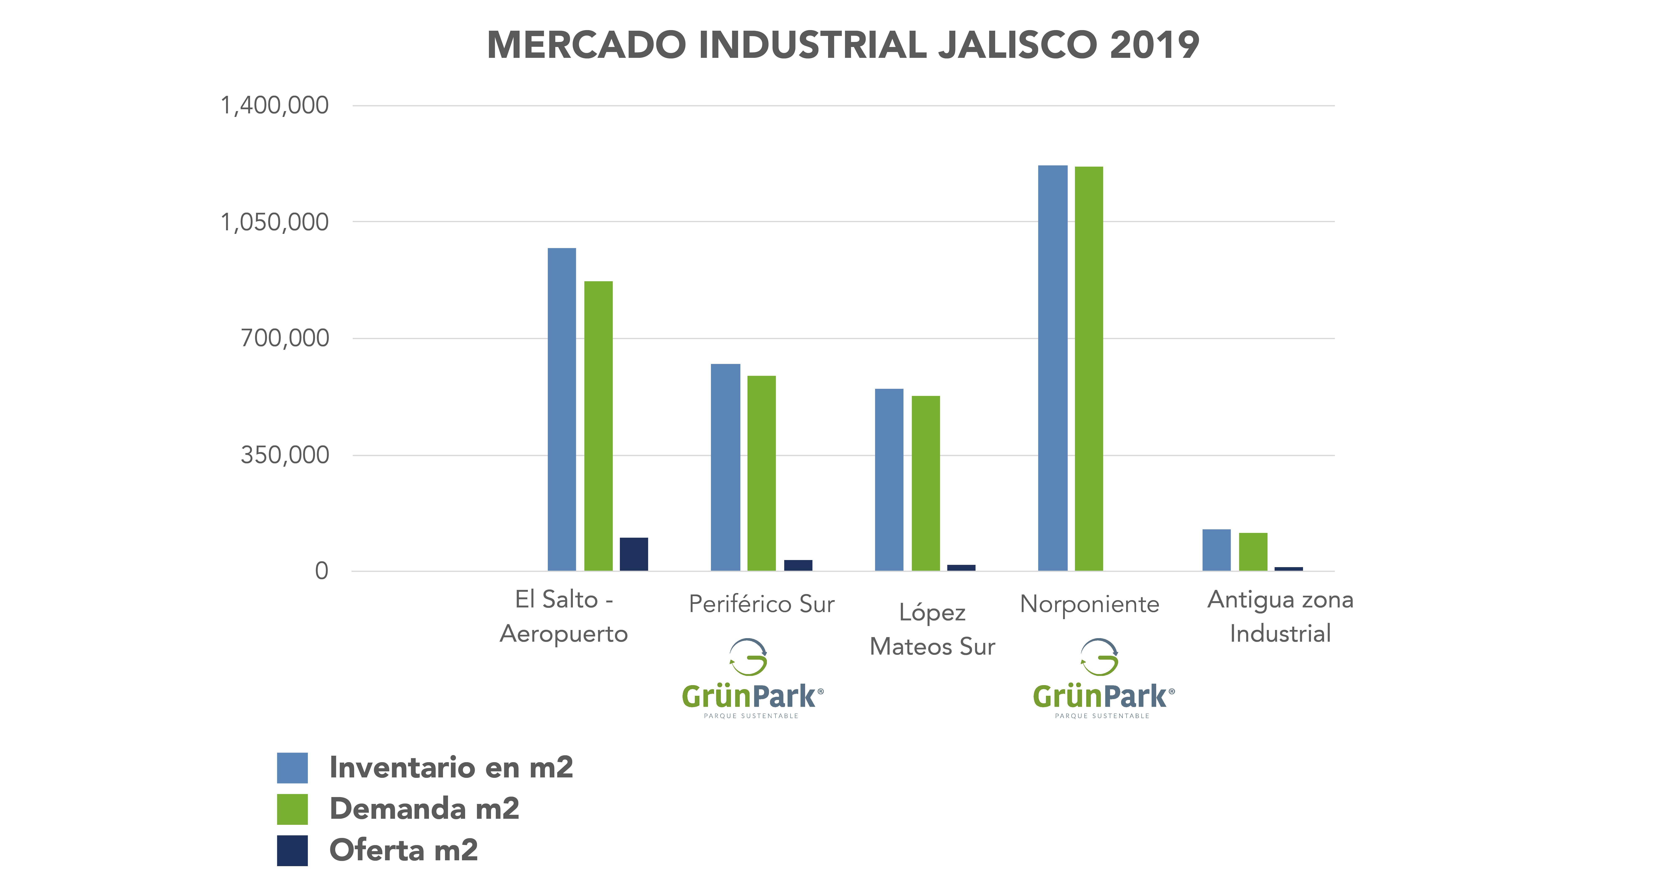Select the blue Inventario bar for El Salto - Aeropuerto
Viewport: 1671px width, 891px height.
tap(562, 409)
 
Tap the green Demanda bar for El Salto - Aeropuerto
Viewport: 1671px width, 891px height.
tap(598, 426)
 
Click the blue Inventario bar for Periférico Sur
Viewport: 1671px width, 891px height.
tap(725, 468)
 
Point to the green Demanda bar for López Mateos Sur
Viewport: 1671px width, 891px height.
tap(926, 483)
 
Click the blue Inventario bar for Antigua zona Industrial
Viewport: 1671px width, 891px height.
tap(1216, 550)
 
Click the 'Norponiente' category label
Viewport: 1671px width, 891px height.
tap(1089, 604)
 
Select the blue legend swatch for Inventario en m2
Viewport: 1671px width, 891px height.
tap(293, 768)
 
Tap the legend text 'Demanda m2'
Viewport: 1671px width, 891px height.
tap(424, 809)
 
